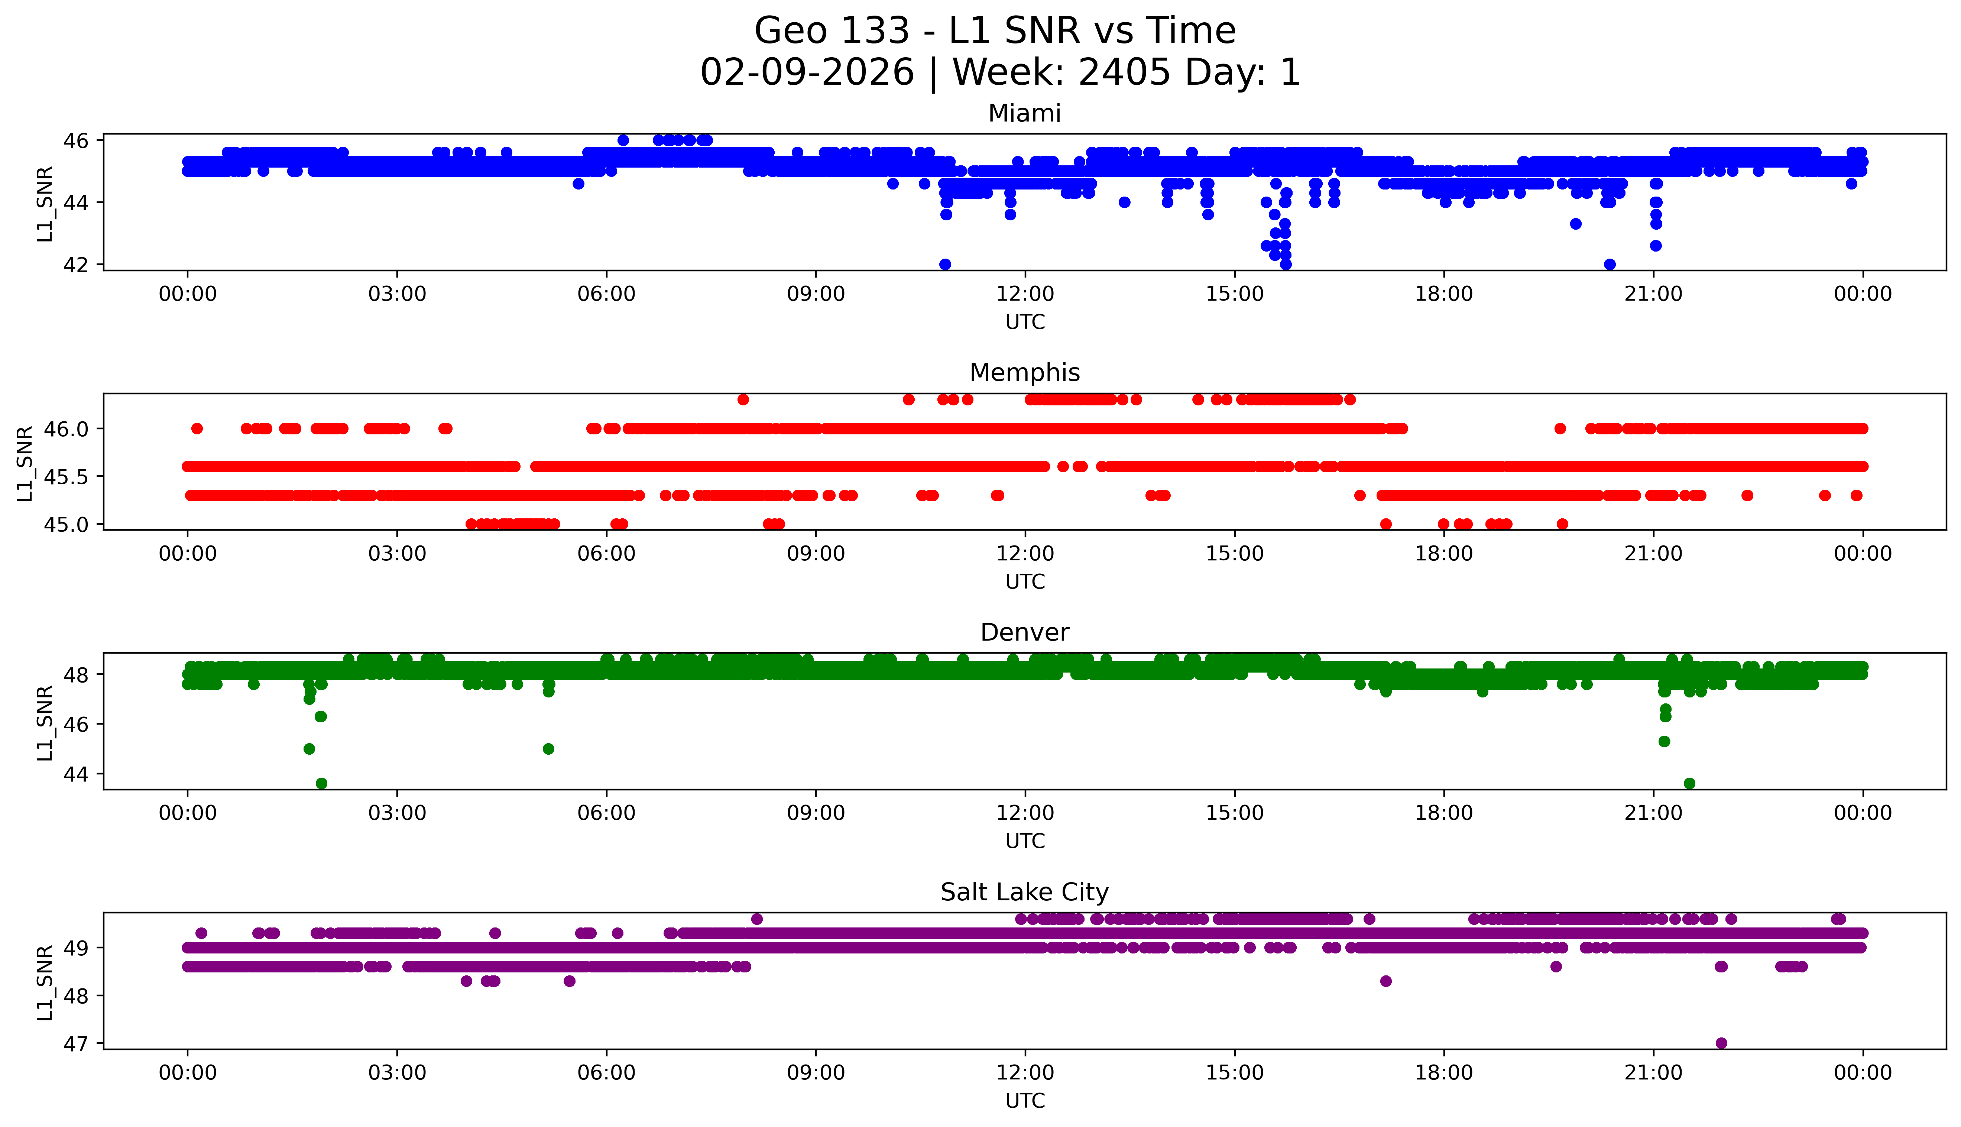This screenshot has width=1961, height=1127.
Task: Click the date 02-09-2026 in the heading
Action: (807, 73)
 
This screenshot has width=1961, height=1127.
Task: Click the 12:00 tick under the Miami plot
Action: (1025, 294)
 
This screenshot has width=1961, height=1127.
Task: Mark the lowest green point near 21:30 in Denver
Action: (1689, 783)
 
